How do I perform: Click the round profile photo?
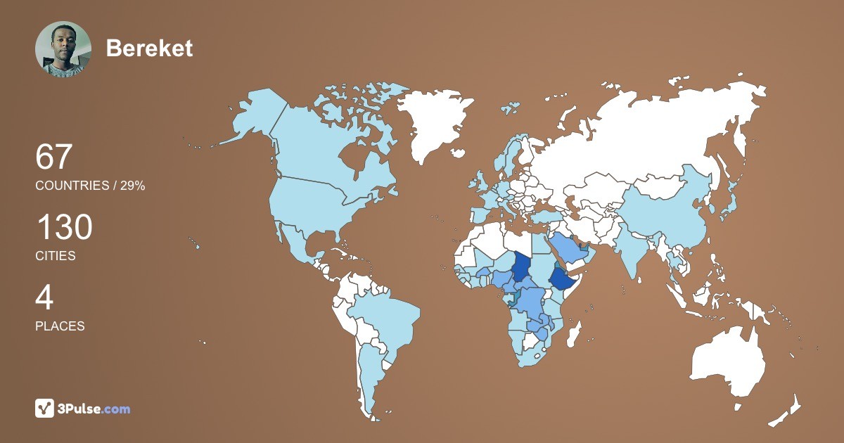pyautogui.click(x=63, y=49)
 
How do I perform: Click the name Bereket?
pyautogui.click(x=149, y=48)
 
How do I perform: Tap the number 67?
pyautogui.click(x=54, y=157)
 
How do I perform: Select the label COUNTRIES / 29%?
pyautogui.click(x=90, y=186)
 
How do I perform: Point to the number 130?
pyautogui.click(x=64, y=228)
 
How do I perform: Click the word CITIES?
pyautogui.click(x=56, y=256)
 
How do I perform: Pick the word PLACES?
pyautogui.click(x=60, y=326)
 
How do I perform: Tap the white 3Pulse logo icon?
pyautogui.click(x=44, y=408)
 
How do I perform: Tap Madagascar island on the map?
pyautogui.click(x=574, y=333)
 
